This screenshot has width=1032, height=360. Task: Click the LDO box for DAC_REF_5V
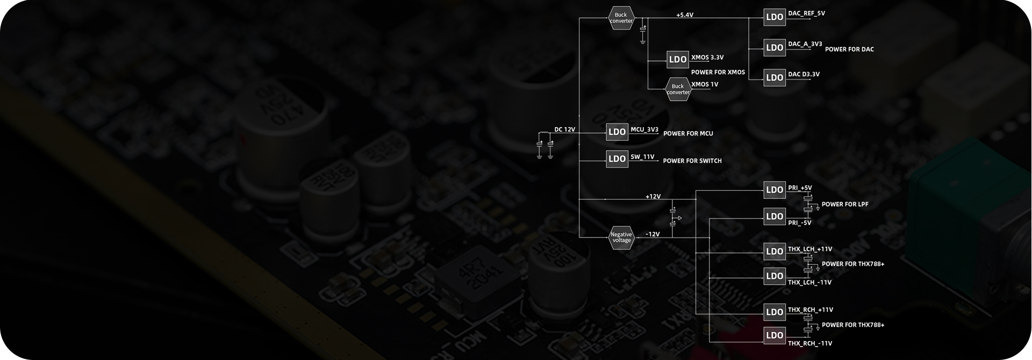click(774, 17)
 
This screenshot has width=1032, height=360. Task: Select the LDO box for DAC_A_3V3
click(774, 48)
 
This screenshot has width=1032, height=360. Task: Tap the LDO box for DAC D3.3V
click(774, 77)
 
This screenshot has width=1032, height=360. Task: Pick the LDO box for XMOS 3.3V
click(677, 60)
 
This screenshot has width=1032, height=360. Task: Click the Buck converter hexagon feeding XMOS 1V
click(678, 89)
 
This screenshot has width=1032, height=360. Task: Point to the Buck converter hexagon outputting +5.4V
click(621, 18)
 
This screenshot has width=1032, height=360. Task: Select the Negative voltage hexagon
click(621, 237)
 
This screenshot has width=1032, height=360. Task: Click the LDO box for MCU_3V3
click(617, 132)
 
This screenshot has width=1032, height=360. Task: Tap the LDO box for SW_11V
click(617, 159)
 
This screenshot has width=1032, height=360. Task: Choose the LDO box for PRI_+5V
click(774, 190)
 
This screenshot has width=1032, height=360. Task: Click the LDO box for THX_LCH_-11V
click(774, 276)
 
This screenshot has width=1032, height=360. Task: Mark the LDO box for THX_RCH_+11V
click(774, 312)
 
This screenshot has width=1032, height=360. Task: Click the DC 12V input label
click(564, 129)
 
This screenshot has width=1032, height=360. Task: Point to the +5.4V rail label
click(684, 15)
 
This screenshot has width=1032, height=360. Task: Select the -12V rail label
click(652, 234)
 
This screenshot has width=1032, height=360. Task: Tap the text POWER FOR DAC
click(849, 49)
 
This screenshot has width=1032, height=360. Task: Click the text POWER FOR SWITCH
click(692, 161)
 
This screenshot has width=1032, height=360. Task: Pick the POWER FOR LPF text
click(844, 204)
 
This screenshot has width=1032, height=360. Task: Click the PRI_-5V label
click(799, 223)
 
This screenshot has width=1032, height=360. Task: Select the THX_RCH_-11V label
click(809, 343)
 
